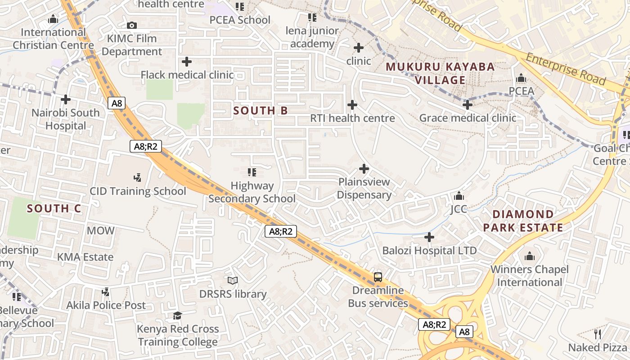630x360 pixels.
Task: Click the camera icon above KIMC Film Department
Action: pyautogui.click(x=131, y=26)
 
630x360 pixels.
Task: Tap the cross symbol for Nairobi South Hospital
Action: pyautogui.click(x=66, y=99)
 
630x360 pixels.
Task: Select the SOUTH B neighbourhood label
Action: pyautogui.click(x=261, y=111)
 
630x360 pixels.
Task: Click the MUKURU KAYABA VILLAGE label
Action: pyautogui.click(x=440, y=73)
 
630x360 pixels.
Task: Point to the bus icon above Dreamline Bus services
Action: pyautogui.click(x=378, y=277)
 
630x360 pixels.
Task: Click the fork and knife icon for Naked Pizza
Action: pyautogui.click(x=598, y=334)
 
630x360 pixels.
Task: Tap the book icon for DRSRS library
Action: pyautogui.click(x=233, y=281)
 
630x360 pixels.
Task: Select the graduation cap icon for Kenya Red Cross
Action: pyautogui.click(x=178, y=315)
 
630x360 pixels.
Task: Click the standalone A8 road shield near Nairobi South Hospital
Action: pyautogui.click(x=117, y=103)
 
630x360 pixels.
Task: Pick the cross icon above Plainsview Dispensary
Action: pyautogui.click(x=364, y=169)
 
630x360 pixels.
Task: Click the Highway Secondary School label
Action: pyautogui.click(x=252, y=192)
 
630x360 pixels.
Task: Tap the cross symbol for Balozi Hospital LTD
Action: pyautogui.click(x=429, y=237)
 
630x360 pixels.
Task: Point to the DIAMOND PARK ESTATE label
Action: pyautogui.click(x=523, y=220)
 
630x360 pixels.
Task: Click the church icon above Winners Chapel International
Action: pyautogui.click(x=530, y=256)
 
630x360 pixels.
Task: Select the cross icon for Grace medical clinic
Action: pyautogui.click(x=468, y=105)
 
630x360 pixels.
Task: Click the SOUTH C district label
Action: pyautogui.click(x=54, y=208)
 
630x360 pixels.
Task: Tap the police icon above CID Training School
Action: pyautogui.click(x=138, y=178)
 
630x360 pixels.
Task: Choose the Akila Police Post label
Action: pyautogui.click(x=106, y=305)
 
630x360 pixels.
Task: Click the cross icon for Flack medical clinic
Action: pyautogui.click(x=187, y=62)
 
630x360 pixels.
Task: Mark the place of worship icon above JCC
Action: pyautogui.click(x=459, y=196)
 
